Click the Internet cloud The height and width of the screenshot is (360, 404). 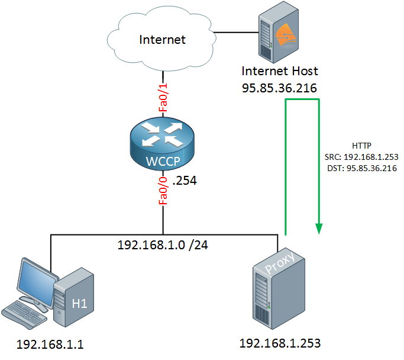161,39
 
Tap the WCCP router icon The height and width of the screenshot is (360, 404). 162,144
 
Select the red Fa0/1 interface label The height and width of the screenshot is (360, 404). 163,98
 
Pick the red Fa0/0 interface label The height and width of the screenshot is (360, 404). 163,191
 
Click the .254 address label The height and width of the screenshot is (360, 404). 185,181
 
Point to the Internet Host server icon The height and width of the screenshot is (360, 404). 279,33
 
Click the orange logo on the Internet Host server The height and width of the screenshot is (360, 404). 286,35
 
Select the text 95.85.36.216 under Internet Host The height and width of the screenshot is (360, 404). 279,88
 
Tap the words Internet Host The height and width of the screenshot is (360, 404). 280,71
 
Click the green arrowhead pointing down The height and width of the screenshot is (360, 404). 319,229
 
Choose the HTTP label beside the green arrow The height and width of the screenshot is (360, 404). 361,146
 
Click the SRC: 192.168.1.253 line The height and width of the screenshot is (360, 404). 361,157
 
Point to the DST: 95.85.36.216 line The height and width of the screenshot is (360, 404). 362,168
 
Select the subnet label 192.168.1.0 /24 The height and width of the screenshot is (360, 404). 163,245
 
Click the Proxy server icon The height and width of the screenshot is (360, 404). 279,288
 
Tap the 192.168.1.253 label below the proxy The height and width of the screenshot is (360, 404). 280,343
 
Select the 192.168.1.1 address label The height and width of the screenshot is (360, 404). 50,345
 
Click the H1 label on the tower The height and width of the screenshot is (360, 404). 80,304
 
